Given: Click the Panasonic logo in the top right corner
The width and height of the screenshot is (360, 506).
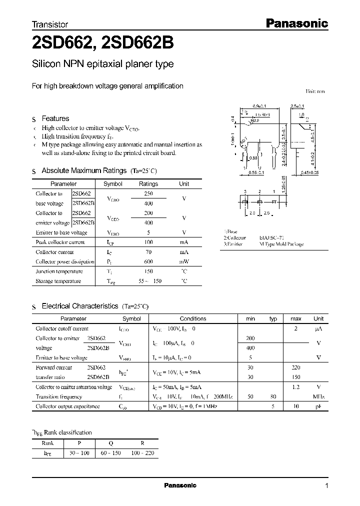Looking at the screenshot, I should point(295,23).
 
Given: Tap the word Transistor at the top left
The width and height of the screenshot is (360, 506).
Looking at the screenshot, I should point(49,24).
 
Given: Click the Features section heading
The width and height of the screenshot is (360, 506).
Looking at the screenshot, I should point(55,118).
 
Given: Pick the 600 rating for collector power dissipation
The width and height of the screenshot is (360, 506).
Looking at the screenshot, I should point(148,261).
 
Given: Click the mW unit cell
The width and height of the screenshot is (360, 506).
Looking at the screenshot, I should point(184,261).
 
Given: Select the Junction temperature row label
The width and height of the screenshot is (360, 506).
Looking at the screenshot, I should point(59,271).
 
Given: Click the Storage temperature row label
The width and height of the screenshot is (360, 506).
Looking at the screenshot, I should point(58,281).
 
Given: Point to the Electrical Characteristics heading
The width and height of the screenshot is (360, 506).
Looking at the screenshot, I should point(80,305).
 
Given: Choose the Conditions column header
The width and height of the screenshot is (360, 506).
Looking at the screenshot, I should point(193,318).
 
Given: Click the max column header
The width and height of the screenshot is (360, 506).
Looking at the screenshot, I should point(295,318).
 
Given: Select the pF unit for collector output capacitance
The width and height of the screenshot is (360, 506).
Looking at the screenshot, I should point(318,406).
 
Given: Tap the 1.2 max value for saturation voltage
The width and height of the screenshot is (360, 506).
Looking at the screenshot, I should point(295,387).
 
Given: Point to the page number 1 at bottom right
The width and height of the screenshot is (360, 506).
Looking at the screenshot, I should point(326,485).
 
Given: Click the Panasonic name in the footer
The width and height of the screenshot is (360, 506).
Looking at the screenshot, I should point(180,485).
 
